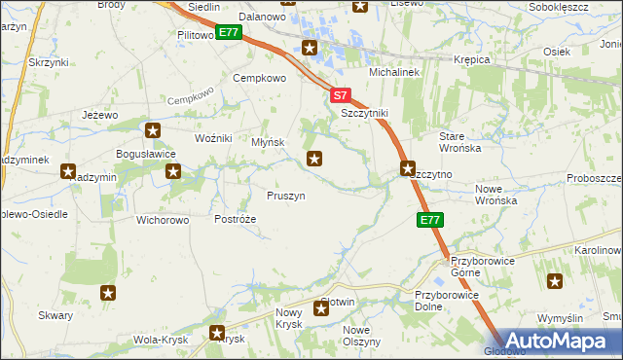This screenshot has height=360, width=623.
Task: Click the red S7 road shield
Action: (x=339, y=96)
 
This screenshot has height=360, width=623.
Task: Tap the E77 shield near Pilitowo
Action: (x=228, y=32)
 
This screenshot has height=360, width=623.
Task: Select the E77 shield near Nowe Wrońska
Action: (x=431, y=221)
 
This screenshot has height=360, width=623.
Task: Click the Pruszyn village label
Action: (x=286, y=196)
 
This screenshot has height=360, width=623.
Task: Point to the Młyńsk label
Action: (x=268, y=142)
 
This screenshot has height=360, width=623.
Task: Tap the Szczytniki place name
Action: (x=365, y=113)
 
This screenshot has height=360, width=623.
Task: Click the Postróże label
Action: (x=236, y=219)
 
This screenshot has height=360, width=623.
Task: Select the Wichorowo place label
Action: (x=163, y=219)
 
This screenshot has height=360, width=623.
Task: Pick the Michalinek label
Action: (x=392, y=73)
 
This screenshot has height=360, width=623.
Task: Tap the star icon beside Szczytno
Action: (x=408, y=167)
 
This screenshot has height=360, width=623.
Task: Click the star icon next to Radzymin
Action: (x=69, y=171)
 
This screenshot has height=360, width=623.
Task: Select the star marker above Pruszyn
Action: (x=314, y=158)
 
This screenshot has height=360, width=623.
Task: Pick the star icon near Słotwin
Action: (x=321, y=309)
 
